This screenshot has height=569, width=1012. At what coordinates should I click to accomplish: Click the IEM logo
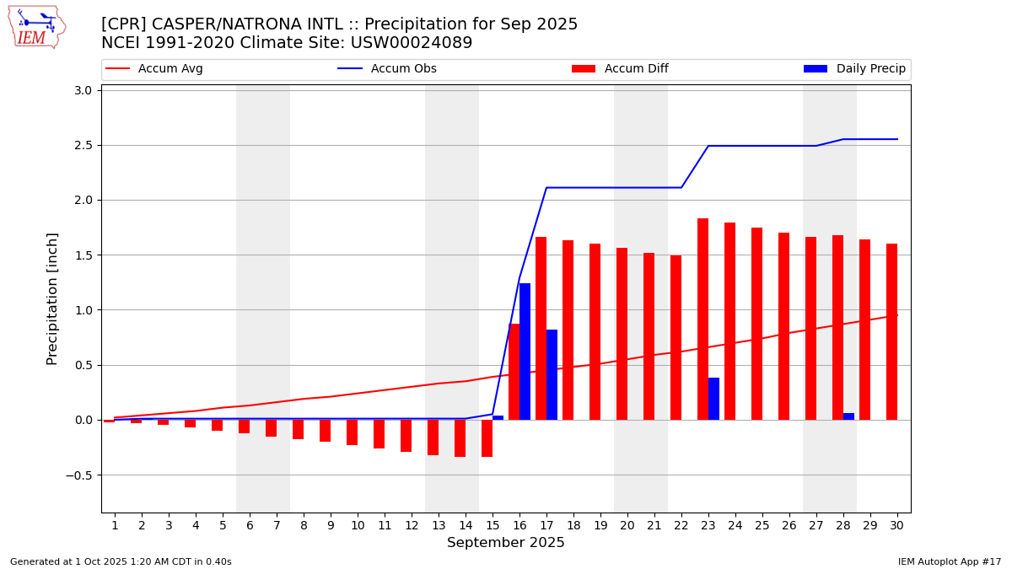click(36, 27)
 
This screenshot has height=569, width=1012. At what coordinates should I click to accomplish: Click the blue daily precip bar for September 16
click(525, 352)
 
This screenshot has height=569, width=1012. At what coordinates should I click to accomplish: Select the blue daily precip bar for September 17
click(552, 374)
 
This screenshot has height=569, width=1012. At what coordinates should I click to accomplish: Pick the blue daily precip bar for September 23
click(713, 399)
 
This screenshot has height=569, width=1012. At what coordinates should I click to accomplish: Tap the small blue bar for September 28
click(848, 416)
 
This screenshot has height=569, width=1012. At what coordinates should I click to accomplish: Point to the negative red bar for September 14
click(460, 438)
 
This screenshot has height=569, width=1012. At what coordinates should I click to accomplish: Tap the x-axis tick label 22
click(681, 525)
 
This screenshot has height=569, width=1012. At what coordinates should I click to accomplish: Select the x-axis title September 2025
click(506, 543)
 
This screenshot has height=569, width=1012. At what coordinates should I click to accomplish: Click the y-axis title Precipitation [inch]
click(52, 298)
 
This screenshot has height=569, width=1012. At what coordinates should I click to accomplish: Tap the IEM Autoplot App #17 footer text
click(950, 561)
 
